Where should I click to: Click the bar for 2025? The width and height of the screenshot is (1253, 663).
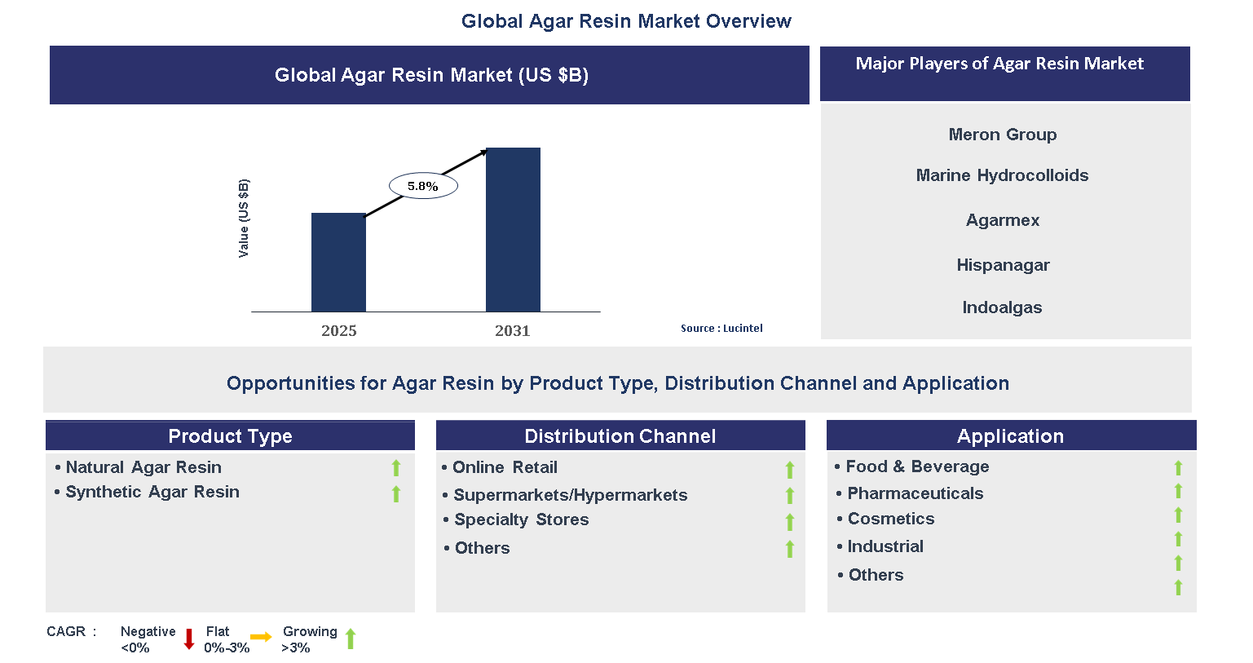click(x=338, y=262)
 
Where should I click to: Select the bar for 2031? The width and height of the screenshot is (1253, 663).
click(x=513, y=229)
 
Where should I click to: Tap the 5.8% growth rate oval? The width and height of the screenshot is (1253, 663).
click(x=423, y=186)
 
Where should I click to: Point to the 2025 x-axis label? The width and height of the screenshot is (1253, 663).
click(x=338, y=330)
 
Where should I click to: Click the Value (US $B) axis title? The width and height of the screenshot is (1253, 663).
click(x=243, y=218)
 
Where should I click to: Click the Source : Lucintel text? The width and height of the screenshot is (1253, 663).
click(x=721, y=328)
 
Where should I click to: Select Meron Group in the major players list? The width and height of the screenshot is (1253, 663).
click(x=1002, y=135)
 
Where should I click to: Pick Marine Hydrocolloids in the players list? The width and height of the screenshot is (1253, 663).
click(x=1002, y=175)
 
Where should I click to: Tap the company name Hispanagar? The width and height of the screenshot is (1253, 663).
click(x=1003, y=265)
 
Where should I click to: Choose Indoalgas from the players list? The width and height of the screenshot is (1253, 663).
click(x=1002, y=307)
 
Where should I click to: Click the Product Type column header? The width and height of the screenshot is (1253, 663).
click(x=230, y=435)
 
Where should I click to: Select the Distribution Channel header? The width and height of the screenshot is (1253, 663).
click(x=620, y=435)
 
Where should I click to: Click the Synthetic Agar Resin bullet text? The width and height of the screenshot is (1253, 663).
click(x=152, y=492)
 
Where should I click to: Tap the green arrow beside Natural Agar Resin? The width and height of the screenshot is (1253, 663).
click(x=396, y=468)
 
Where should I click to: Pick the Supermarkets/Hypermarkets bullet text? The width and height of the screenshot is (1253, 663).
click(x=570, y=495)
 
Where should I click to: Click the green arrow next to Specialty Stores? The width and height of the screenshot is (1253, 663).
click(x=789, y=522)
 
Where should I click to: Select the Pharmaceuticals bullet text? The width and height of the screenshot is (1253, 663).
click(x=915, y=493)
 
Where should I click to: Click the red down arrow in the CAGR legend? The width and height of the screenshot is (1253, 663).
click(x=189, y=639)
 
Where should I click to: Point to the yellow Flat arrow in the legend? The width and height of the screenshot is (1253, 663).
click(x=261, y=637)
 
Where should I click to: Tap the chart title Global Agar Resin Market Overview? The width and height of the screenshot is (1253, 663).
click(x=626, y=21)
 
